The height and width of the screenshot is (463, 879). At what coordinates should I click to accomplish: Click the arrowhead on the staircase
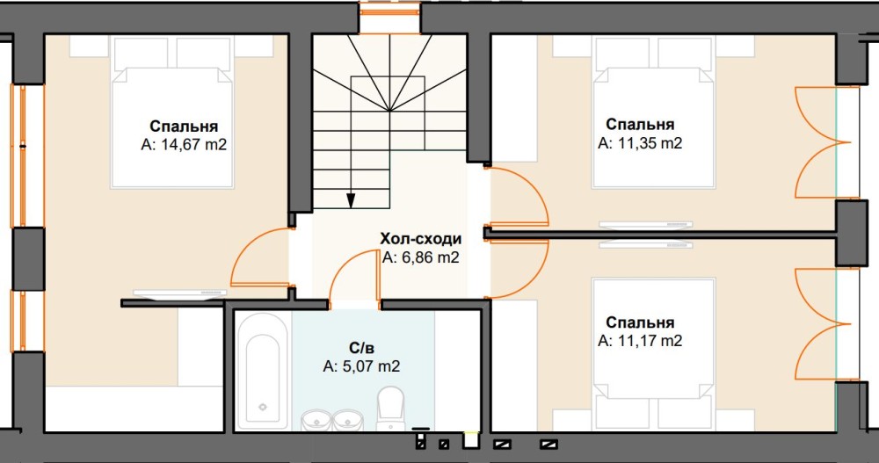[351, 200]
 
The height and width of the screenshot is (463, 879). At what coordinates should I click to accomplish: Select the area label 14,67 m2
[194, 145]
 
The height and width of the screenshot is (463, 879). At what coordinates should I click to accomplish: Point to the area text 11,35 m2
[650, 143]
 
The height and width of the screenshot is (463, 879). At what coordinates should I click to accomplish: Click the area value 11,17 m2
[650, 340]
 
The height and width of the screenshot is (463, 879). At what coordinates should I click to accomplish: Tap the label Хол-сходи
[421, 239]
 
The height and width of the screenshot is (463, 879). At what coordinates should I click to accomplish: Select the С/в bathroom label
[361, 348]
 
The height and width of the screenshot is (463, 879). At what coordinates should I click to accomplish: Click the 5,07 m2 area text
[371, 366]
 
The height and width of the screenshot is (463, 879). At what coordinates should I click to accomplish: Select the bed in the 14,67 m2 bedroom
[172, 112]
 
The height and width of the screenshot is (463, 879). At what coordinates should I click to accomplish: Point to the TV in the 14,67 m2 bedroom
[179, 293]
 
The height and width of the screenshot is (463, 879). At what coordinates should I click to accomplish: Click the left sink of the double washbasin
[316, 420]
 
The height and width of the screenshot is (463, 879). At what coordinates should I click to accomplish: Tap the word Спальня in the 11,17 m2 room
[640, 322]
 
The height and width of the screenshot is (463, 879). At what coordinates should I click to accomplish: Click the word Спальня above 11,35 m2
[640, 124]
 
